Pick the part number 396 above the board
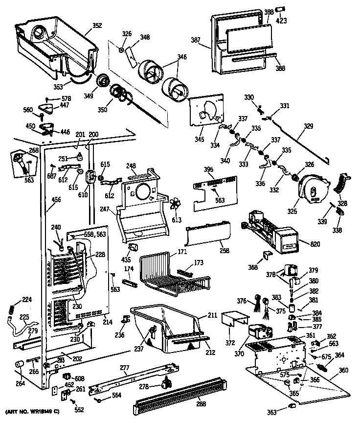click(209, 170)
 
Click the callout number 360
click(343, 370)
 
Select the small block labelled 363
click(292, 406)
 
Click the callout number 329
click(308, 126)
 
